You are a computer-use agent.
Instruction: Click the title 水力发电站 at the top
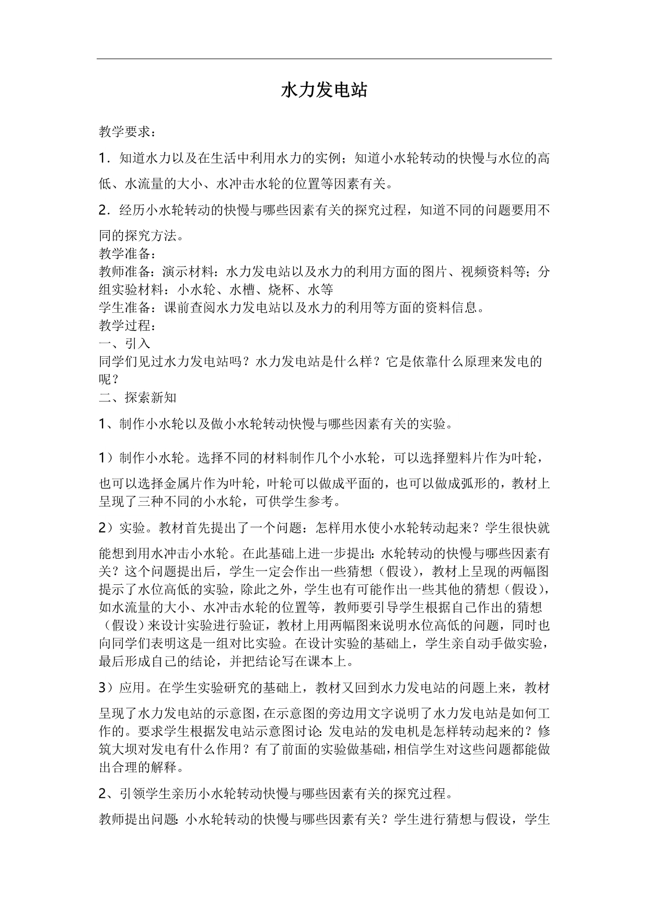click(324, 90)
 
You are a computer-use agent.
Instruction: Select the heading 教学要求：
click(128, 132)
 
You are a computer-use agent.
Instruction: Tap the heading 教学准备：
click(128, 254)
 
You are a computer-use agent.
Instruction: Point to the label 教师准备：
click(128, 272)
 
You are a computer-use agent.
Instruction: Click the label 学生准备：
click(128, 308)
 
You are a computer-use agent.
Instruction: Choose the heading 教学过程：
click(128, 325)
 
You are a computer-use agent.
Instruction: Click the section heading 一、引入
click(124, 343)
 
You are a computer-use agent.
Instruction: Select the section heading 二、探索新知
click(137, 398)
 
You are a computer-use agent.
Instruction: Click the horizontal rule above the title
click(324, 59)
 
